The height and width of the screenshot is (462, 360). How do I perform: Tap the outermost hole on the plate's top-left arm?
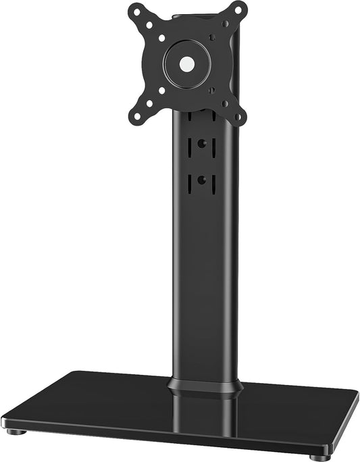coord(135,12)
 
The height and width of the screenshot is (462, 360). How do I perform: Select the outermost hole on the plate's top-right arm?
coord(236,10)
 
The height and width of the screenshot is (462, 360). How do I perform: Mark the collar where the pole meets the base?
coord(205,387)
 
